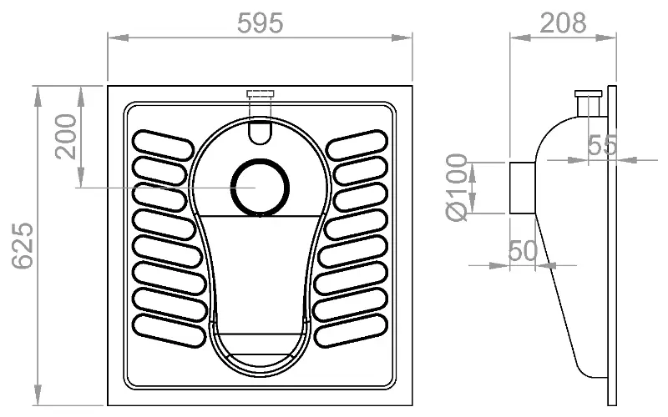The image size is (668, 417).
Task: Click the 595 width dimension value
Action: click(x=260, y=23)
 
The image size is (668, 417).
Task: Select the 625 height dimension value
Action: click(x=23, y=245)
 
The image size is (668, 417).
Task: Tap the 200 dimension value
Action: click(x=66, y=137)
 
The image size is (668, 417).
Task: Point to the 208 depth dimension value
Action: click(x=563, y=23)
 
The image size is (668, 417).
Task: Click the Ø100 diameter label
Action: click(x=457, y=187)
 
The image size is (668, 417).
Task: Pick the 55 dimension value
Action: click(x=602, y=145)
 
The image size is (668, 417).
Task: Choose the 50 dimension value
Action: click(x=523, y=250)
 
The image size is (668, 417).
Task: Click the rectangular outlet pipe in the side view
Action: click(x=523, y=188)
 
